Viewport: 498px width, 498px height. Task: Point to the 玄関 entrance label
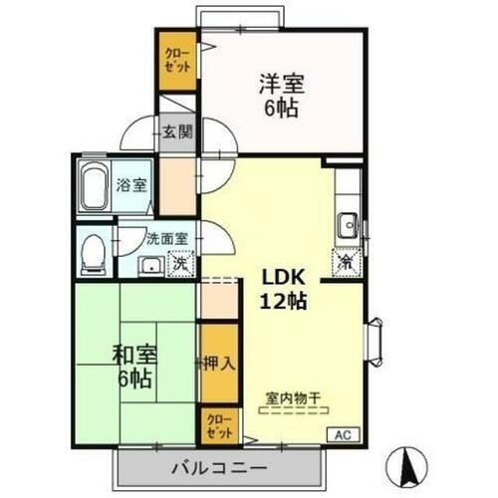coord(178,129)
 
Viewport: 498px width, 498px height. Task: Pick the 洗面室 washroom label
coord(162,239)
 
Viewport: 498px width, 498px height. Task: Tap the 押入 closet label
coord(218,364)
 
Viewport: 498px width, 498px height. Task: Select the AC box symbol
coord(342,433)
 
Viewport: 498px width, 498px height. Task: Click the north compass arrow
coord(406,465)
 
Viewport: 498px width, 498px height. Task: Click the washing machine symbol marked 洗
coord(180,264)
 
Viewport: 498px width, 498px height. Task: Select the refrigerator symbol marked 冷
coord(347,263)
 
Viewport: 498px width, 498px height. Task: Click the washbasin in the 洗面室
coord(150,264)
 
